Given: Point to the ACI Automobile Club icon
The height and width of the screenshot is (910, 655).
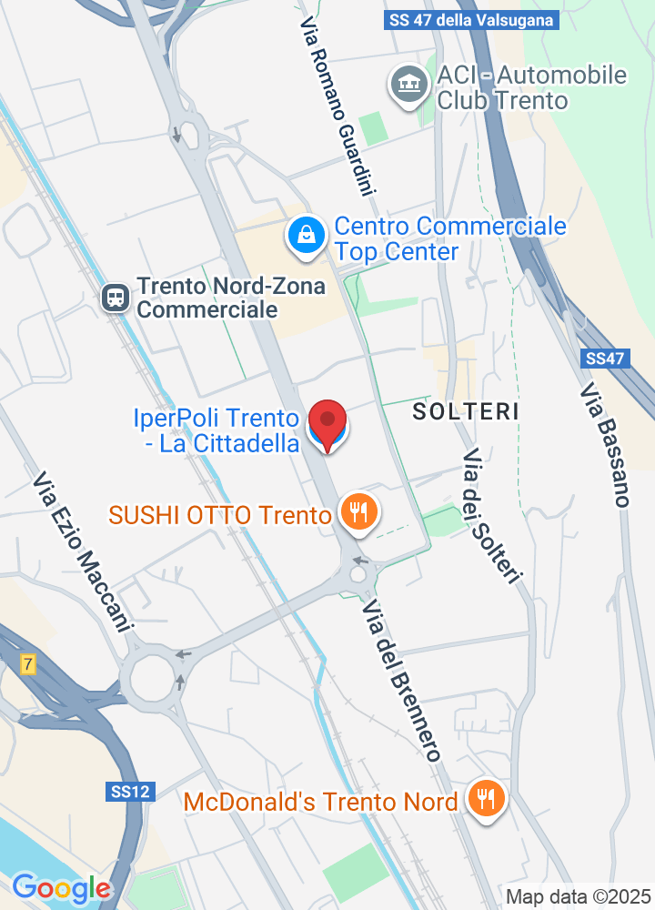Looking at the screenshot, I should point(408,85).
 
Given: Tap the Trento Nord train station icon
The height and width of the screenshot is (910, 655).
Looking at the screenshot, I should point(116,298).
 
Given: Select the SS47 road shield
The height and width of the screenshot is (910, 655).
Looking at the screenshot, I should point(605,359).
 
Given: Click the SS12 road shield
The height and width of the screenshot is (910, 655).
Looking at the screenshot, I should point(126,792).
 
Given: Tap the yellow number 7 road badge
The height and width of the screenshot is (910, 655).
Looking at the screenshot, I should point(28,664).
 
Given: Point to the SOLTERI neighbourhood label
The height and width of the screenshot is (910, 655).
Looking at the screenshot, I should point(466,411).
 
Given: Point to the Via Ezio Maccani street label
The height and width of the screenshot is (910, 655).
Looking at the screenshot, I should point(83,552).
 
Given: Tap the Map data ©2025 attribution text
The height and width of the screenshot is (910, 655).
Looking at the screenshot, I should point(579,896).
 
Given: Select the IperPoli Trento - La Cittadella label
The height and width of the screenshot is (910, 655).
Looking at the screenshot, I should point(217,431).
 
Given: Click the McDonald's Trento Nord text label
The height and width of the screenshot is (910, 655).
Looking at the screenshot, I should point(320,802).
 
